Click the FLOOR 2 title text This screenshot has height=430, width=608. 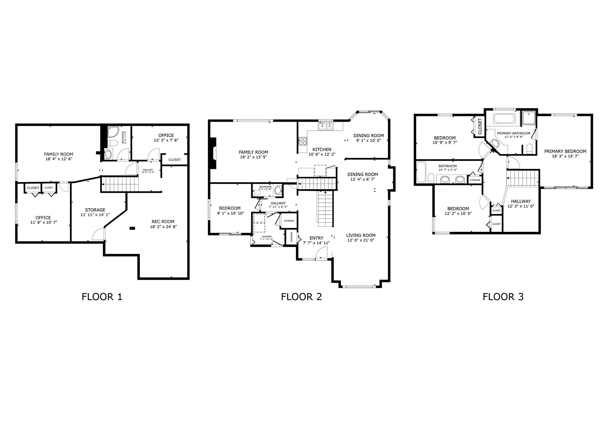301,296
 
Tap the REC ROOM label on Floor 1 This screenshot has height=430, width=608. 163,221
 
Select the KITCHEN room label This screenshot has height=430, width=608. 322,149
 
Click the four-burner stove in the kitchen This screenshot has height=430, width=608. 303,141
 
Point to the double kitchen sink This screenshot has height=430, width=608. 325,126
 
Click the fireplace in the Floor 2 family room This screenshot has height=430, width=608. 213,153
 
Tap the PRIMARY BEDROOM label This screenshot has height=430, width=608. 565,151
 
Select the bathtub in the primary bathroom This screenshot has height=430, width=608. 504,119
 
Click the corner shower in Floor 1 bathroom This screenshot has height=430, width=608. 113,132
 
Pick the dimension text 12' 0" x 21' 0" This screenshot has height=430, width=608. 360,240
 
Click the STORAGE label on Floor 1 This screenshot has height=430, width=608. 95,210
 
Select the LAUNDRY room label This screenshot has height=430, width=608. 267,236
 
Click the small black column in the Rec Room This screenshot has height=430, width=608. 132,228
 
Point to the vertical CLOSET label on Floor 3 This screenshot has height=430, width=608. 480,126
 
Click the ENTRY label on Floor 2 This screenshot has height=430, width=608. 316,238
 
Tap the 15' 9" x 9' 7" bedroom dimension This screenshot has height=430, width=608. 445,142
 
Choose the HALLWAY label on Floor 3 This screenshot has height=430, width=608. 521,201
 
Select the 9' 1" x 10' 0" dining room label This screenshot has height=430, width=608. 368,140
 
